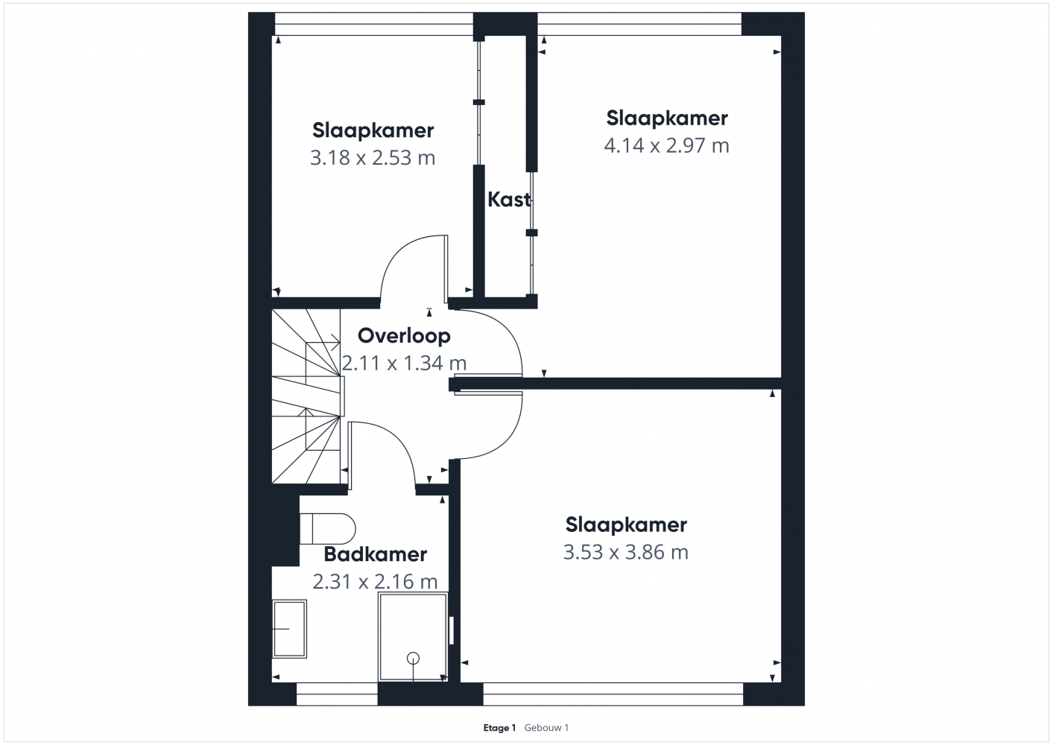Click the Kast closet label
pyautogui.click(x=509, y=200)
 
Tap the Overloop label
pyautogui.click(x=404, y=336)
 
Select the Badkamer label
pyautogui.click(x=376, y=554)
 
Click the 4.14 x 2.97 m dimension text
pyautogui.click(x=666, y=146)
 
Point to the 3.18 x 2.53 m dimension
pyautogui.click(x=373, y=158)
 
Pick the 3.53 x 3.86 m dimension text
pyautogui.click(x=626, y=552)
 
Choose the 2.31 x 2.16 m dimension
pyautogui.click(x=375, y=582)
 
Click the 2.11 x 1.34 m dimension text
pyautogui.click(x=404, y=363)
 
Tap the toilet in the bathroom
pyautogui.click(x=328, y=529)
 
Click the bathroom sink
pyautogui.click(x=290, y=629)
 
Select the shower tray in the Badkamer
pyautogui.click(x=413, y=637)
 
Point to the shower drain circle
pyautogui.click(x=413, y=658)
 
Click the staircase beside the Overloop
pyautogui.click(x=306, y=396)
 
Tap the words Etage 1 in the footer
pyautogui.click(x=500, y=728)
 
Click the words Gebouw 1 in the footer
pyautogui.click(x=547, y=728)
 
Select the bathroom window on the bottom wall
pyautogui.click(x=337, y=694)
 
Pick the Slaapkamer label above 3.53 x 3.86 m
pyautogui.click(x=626, y=525)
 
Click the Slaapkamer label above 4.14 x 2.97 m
pyautogui.click(x=667, y=118)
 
